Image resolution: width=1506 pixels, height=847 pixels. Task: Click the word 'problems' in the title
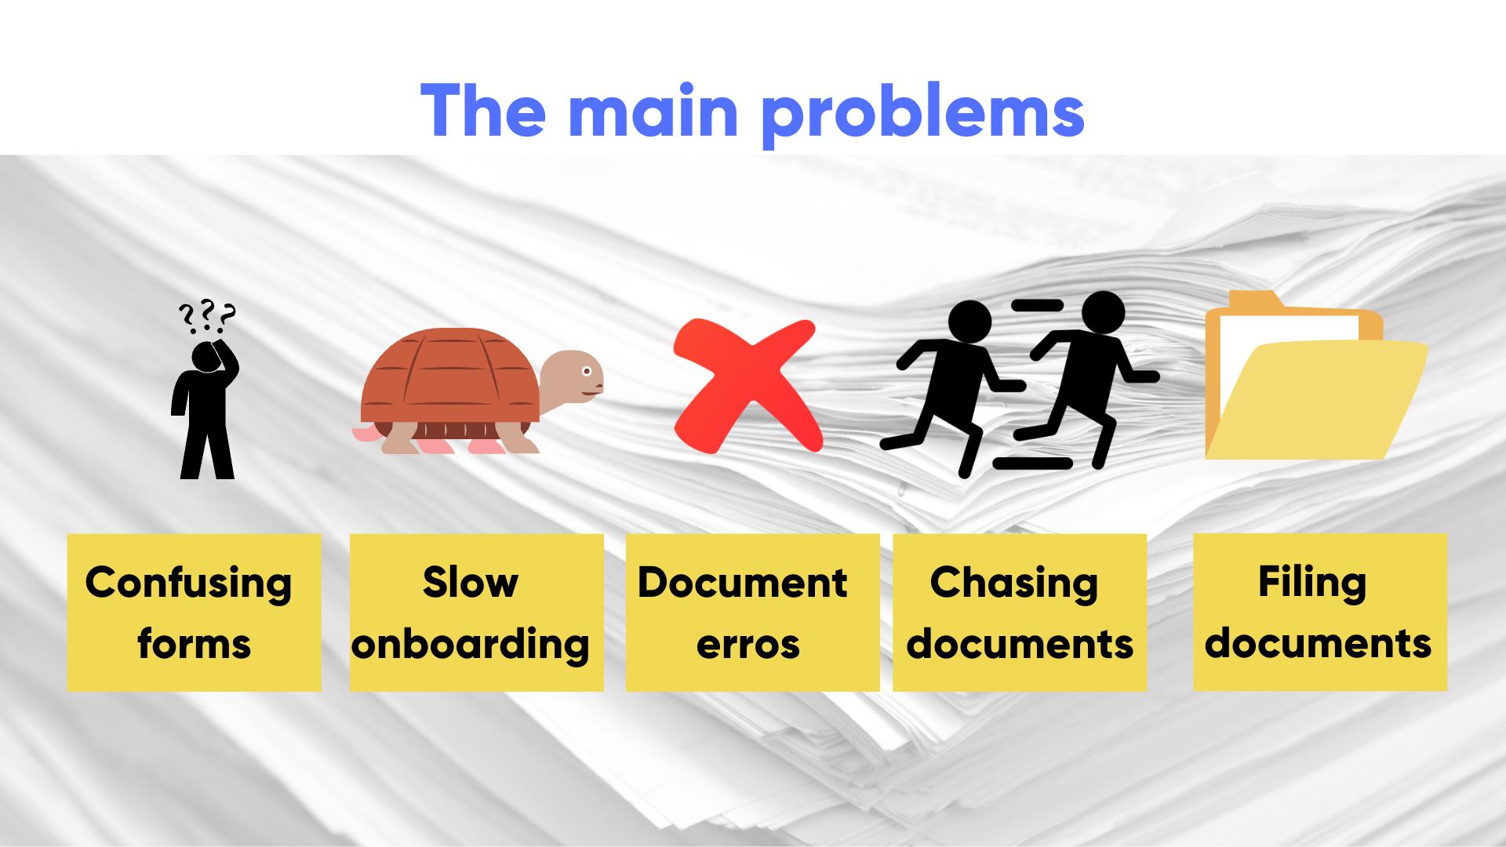point(923,113)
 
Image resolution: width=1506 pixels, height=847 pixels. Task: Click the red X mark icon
point(747,385)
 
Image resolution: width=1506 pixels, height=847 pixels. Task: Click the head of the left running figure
point(969,322)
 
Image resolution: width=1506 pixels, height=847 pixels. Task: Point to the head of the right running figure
point(1103,311)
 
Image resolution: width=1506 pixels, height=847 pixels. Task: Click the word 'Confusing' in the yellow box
point(188,583)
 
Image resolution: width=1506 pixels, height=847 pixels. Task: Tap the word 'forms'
point(194,645)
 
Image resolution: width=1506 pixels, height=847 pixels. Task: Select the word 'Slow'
point(471,583)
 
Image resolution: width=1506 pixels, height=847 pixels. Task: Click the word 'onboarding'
point(471,645)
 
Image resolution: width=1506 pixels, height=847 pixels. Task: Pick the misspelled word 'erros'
point(748,645)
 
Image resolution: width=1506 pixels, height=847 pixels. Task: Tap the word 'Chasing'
point(1014,583)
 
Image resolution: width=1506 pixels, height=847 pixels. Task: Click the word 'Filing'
point(1312,583)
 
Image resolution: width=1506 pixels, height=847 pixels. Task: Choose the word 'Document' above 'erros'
point(742,583)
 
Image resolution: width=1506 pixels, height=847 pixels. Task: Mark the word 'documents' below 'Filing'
point(1318,644)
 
